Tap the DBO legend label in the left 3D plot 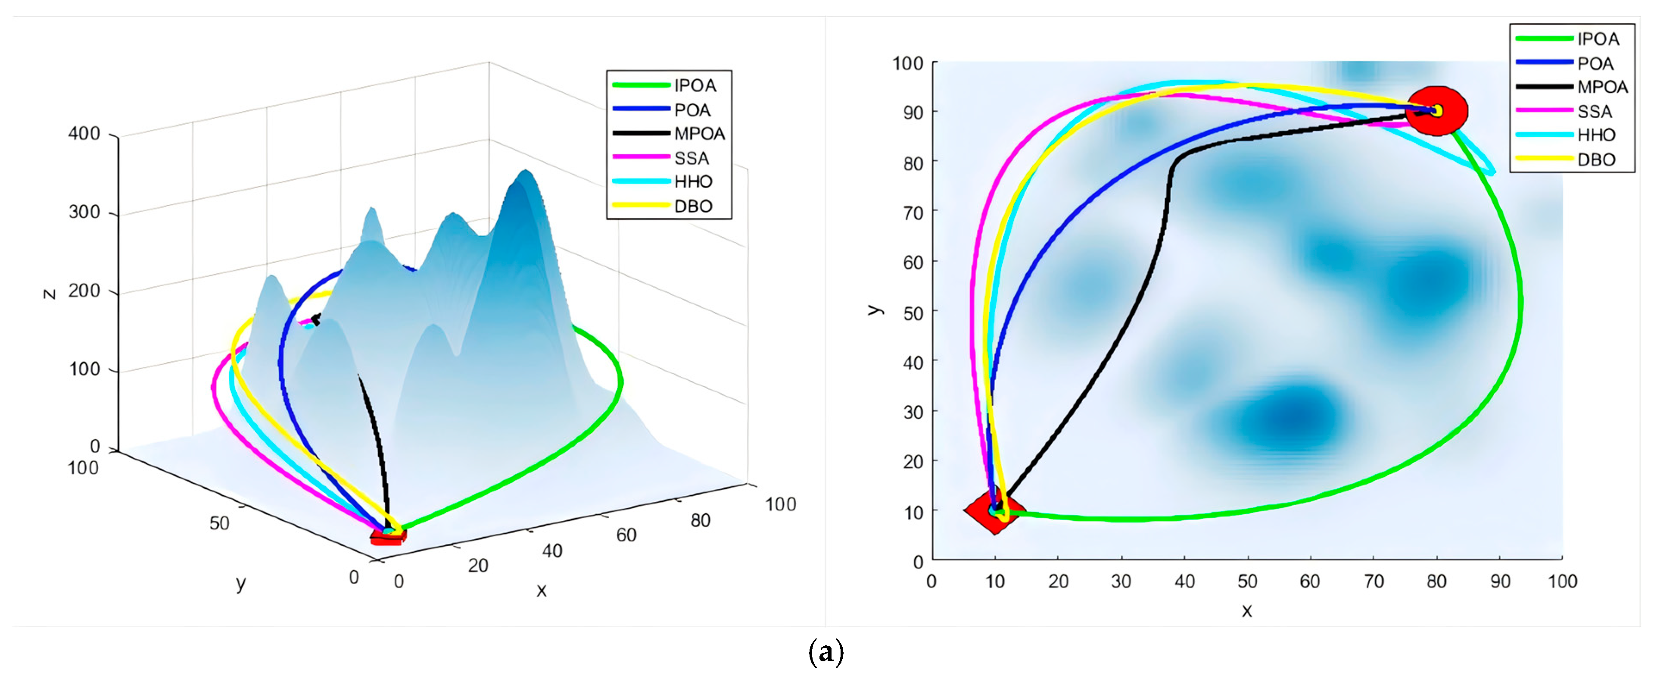pyautogui.click(x=693, y=206)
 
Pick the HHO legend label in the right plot pyautogui.click(x=1595, y=135)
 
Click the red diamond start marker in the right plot pyautogui.click(x=994, y=511)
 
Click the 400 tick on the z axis pyautogui.click(x=84, y=134)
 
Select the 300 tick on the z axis pyautogui.click(x=84, y=213)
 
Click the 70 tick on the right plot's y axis pyautogui.click(x=913, y=213)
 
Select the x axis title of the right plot pyautogui.click(x=1246, y=611)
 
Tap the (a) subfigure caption pyautogui.click(x=826, y=652)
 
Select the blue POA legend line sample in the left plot pyautogui.click(x=641, y=109)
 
